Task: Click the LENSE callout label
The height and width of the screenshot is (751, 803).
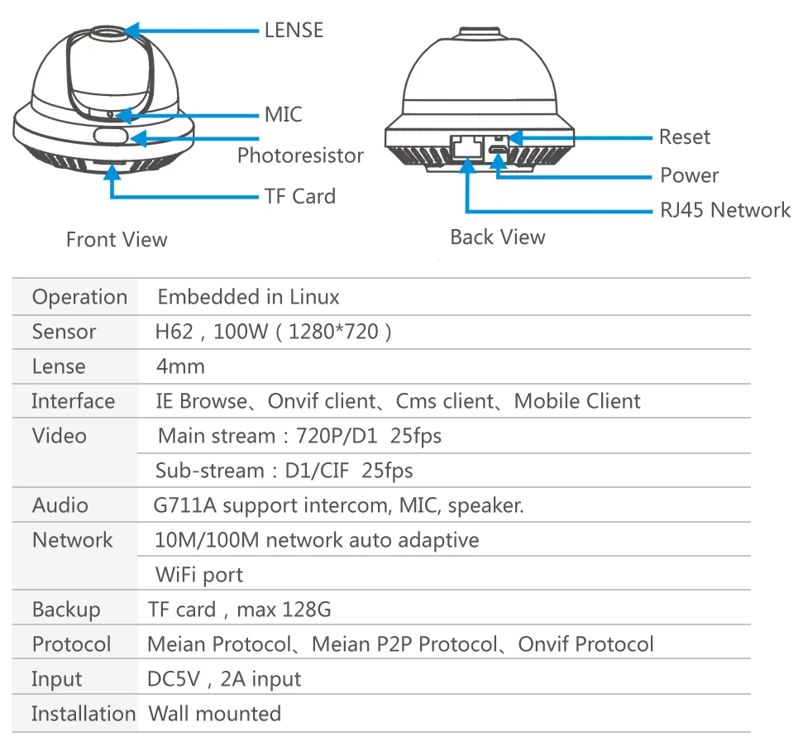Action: click(x=294, y=31)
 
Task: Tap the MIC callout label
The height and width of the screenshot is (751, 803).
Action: click(x=283, y=114)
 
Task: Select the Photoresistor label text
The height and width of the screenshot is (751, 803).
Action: click(x=300, y=155)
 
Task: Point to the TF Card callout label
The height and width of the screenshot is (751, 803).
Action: click(x=299, y=197)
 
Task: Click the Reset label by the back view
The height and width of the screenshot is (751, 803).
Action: click(x=684, y=137)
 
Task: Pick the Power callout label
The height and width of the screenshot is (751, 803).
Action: click(x=689, y=175)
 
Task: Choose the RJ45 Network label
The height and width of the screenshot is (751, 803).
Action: click(x=724, y=210)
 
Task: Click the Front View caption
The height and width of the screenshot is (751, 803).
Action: click(x=117, y=240)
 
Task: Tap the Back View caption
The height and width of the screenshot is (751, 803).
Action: click(x=498, y=237)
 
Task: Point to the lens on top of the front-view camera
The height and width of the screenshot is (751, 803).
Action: click(x=109, y=33)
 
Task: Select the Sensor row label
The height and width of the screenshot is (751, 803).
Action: click(x=64, y=332)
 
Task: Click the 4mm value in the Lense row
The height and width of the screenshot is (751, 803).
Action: click(x=180, y=366)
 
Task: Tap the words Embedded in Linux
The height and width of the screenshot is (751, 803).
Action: click(x=248, y=297)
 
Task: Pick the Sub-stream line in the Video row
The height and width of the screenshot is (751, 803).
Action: click(x=284, y=471)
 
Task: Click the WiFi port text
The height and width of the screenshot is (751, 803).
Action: click(x=199, y=575)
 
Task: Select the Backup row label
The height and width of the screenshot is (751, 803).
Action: click(x=65, y=610)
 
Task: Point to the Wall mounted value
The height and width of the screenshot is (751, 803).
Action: click(x=214, y=713)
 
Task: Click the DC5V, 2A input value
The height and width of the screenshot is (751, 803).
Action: click(x=223, y=679)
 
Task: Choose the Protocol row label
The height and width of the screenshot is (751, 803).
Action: click(x=71, y=644)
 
